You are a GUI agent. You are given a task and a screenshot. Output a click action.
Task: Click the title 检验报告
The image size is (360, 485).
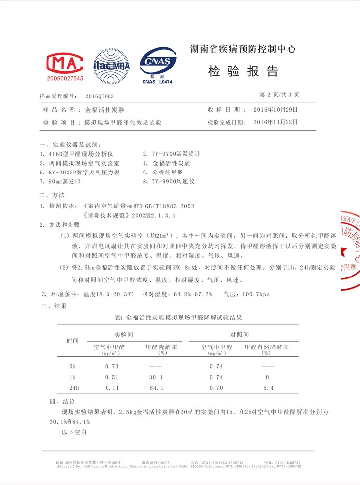coord(244,71)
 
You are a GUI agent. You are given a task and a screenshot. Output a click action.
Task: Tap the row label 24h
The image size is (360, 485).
coord(73,388)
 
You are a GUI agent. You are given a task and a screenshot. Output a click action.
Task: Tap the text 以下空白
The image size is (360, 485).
coord(74,432)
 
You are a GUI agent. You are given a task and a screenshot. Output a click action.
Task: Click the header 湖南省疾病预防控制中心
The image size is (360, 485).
coord(243,49)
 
